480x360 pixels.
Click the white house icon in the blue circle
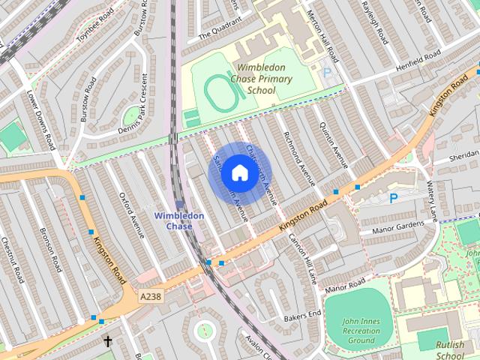238,173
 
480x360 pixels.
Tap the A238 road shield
151,297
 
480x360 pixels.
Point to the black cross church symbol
107,341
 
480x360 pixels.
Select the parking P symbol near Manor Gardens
393,198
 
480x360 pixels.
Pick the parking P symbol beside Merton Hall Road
326,73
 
